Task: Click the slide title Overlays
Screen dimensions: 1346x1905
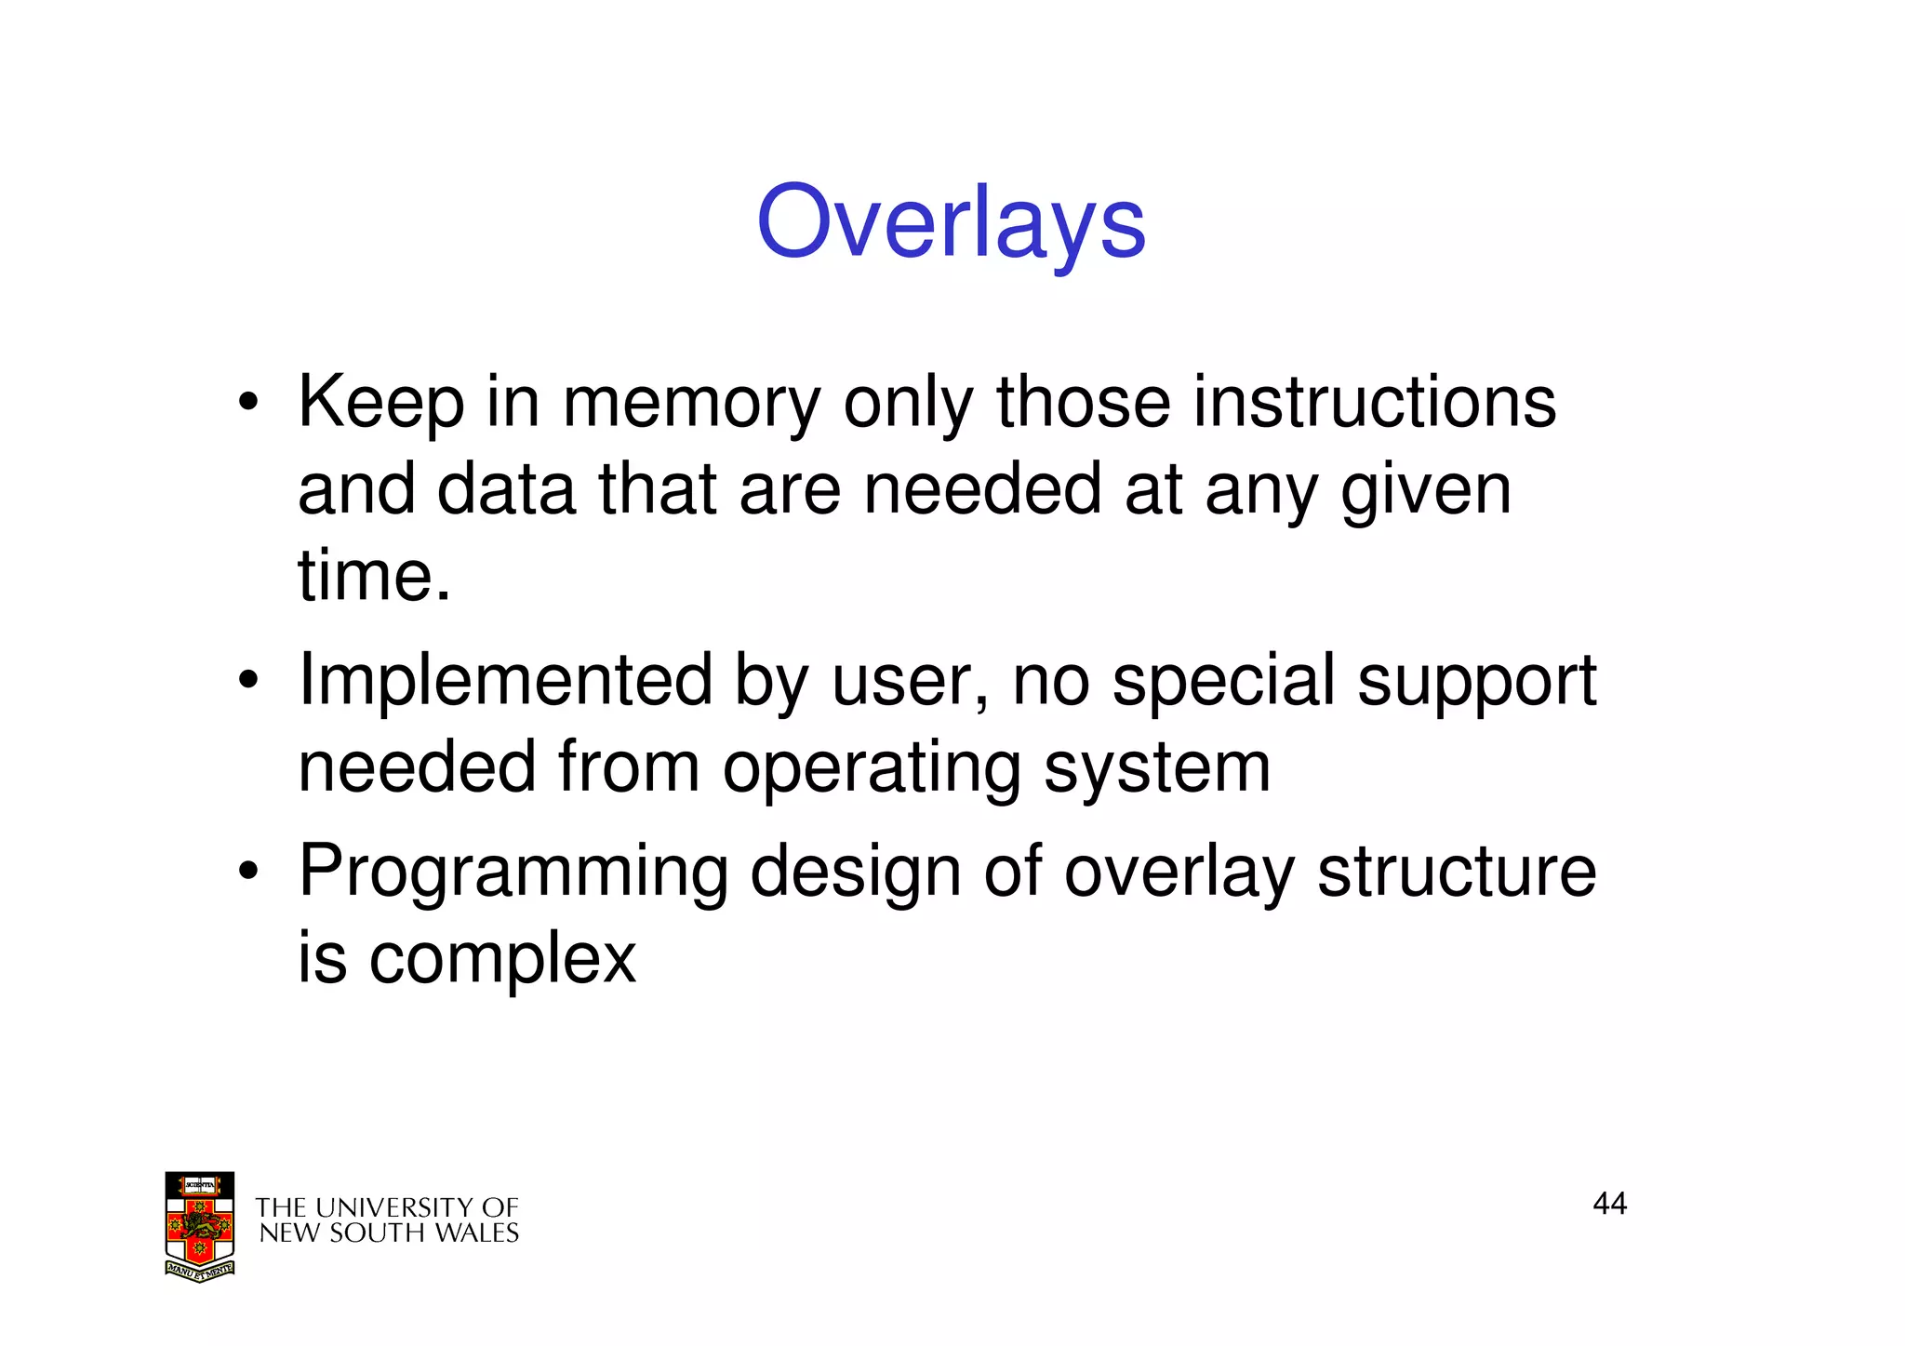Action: click(951, 223)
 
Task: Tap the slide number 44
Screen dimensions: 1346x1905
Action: click(1609, 1204)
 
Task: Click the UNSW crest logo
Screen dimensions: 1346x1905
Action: click(199, 1226)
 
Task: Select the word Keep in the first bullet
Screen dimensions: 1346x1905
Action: click(380, 404)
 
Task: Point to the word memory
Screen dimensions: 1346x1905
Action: click(691, 404)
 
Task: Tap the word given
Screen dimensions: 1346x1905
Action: click(1425, 491)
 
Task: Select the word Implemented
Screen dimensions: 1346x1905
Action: click(505, 681)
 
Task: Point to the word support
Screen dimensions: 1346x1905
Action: click(1476, 683)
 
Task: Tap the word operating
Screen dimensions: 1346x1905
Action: click(872, 768)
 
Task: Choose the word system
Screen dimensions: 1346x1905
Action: click(1156, 768)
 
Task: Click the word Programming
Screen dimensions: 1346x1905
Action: click(513, 873)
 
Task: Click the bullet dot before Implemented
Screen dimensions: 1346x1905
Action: click(246, 682)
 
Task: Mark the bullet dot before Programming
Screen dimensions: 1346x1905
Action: click(246, 873)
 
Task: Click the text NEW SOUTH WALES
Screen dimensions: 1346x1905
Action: click(388, 1233)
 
